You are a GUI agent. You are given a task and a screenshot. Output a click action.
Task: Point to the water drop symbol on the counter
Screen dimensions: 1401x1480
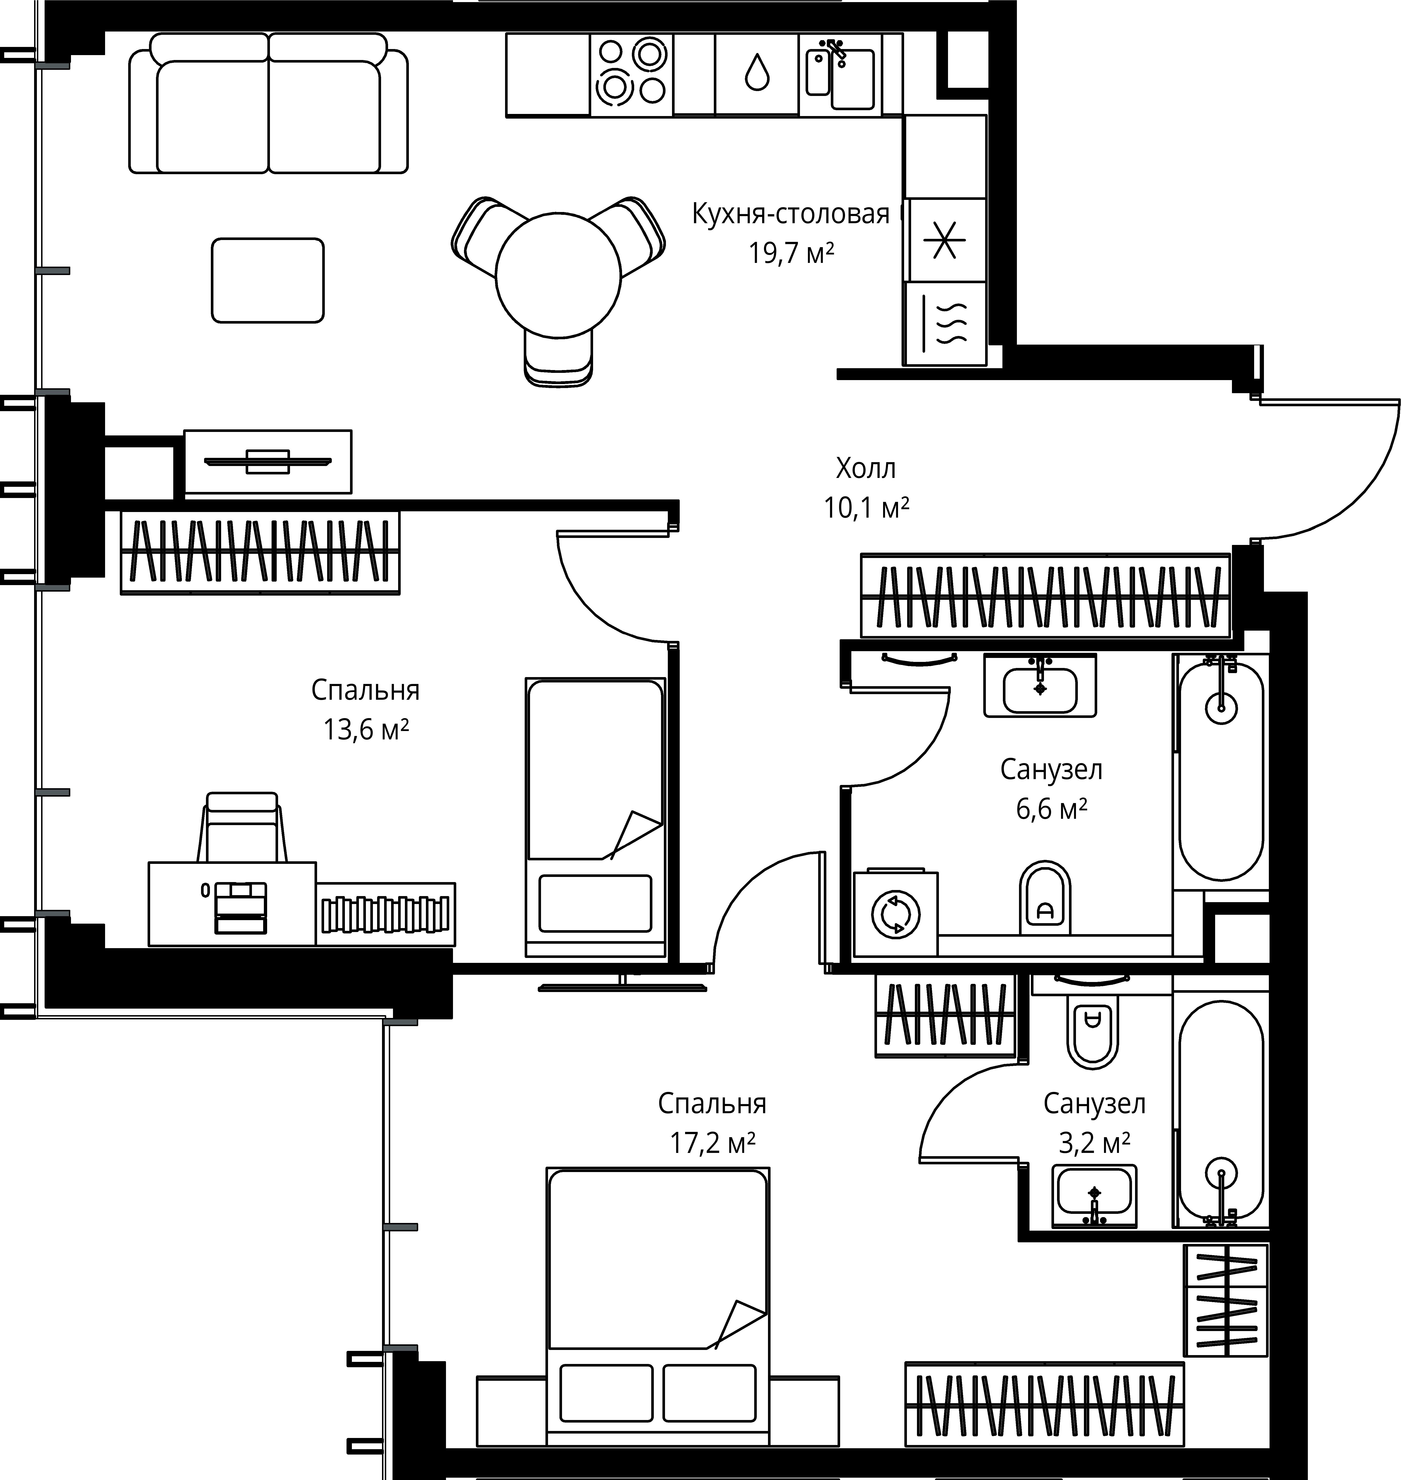pyautogui.click(x=757, y=72)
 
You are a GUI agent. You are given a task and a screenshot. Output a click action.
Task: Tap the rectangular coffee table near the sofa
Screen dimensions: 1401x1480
pyautogui.click(x=267, y=280)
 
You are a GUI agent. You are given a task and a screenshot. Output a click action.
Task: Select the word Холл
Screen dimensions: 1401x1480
pyautogui.click(x=866, y=469)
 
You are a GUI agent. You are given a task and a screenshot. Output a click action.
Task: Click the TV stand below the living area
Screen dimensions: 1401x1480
pyautogui.click(x=267, y=462)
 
